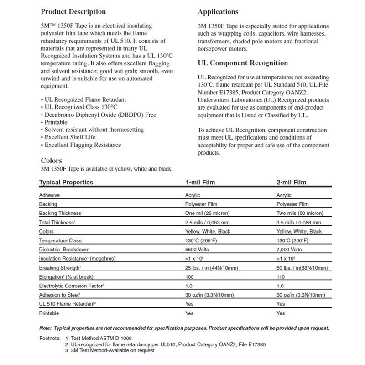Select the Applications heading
pyautogui.click(x=218, y=12)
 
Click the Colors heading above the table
pyautogui.click(x=52, y=161)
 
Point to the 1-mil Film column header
pyautogui.click(x=200, y=182)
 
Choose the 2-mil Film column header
pyautogui.click(x=292, y=182)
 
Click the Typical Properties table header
pyautogui.click(x=66, y=182)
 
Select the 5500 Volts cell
pyautogui.click(x=198, y=250)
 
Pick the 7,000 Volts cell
pyautogui.click(x=289, y=250)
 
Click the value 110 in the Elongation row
pyautogui.click(x=281, y=277)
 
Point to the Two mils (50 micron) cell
pyautogui.click(x=299, y=214)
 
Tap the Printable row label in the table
pyautogui.click(x=49, y=313)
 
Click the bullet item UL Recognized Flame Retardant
pyautogui.click(x=85, y=99)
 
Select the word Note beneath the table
pyautogui.click(x=45, y=328)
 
